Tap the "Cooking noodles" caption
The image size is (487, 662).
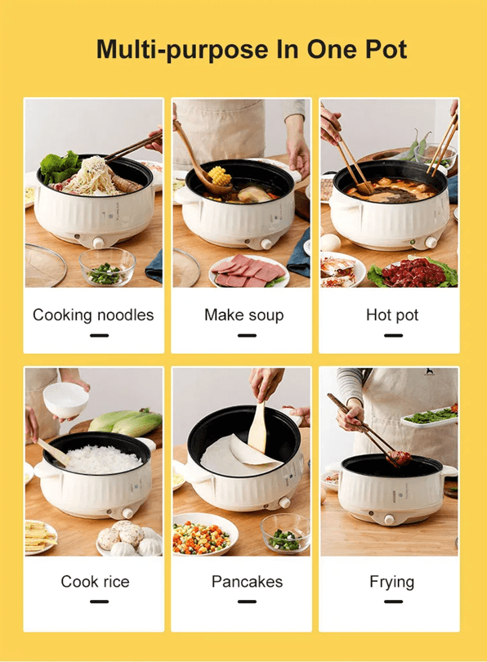pos(93,315)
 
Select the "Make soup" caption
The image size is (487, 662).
pos(243,315)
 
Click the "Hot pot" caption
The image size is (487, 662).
pos(392,315)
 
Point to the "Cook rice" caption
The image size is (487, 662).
pos(95,582)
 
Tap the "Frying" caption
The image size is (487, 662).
pos(391,582)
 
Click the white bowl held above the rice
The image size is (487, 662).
pos(66,399)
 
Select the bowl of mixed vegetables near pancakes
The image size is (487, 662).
pos(205,535)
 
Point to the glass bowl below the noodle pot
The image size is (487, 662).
pos(106,267)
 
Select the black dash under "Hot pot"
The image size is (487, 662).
pos(392,335)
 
